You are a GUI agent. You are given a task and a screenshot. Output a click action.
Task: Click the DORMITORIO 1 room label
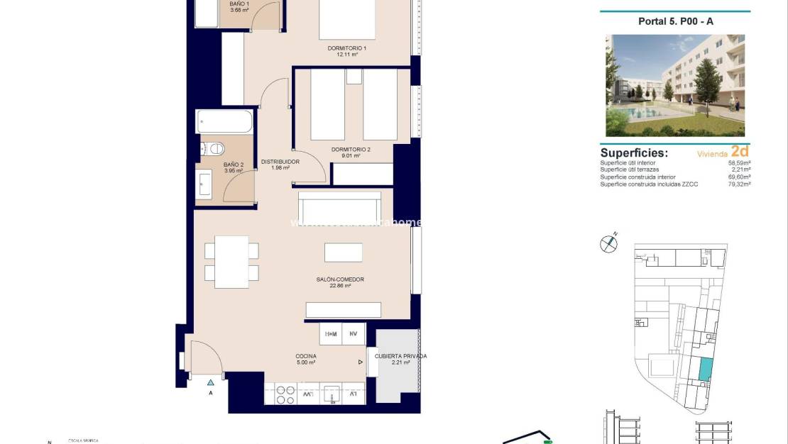(347, 48)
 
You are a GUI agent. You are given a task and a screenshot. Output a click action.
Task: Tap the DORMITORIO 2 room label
(351, 150)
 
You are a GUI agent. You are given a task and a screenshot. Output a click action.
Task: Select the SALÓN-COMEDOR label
(340, 279)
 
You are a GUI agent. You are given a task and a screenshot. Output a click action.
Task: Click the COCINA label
(306, 356)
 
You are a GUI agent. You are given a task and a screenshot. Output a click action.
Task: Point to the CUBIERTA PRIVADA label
(400, 356)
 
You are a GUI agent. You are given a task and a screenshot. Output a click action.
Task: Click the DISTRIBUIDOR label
(280, 162)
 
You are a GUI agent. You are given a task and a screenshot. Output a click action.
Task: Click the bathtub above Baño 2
(224, 121)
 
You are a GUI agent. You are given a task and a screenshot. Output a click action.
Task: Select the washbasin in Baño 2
(204, 184)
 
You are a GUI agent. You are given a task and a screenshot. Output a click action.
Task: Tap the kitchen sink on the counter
(331, 393)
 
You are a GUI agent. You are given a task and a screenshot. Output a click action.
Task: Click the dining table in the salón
(231, 262)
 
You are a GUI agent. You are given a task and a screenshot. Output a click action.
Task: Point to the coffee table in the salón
(344, 252)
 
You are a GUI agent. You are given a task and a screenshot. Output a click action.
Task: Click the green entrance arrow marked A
(210, 383)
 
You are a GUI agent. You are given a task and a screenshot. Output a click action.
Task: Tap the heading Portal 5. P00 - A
(675, 21)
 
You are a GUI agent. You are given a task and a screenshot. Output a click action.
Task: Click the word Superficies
(634, 152)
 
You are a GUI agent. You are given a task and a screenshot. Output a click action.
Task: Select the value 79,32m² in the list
(740, 184)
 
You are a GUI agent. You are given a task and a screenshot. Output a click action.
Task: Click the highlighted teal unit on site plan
(705, 370)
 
